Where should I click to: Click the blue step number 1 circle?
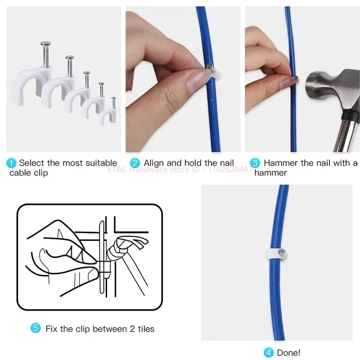[x=11, y=163]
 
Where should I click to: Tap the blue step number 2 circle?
[x=135, y=163]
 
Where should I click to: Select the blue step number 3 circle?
[x=255, y=163]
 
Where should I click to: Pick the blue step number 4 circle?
[x=269, y=353]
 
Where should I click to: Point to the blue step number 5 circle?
[x=36, y=328]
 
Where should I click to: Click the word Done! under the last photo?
[x=288, y=353]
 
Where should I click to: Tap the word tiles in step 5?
[x=146, y=329]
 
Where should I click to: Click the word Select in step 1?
[x=31, y=163]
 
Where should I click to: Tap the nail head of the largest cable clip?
[x=46, y=43]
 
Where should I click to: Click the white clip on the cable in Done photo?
[x=277, y=254]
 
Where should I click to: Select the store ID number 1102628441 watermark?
[x=230, y=170]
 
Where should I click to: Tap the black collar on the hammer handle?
[x=351, y=115]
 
